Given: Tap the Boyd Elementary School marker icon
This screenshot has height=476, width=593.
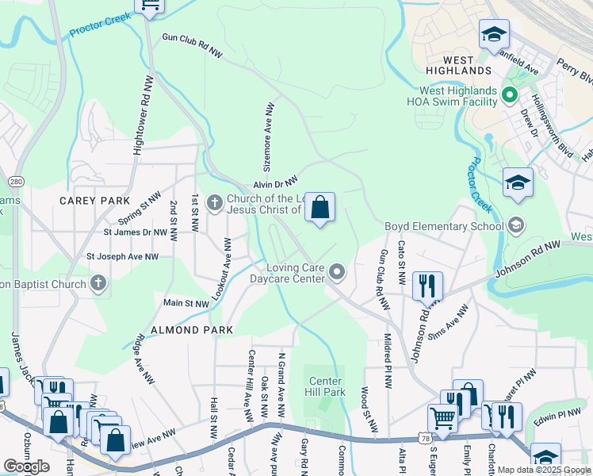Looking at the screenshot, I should click(x=517, y=226).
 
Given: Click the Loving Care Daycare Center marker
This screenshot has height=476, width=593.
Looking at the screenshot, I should click(x=337, y=273).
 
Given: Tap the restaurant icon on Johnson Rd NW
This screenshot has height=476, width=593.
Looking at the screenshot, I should click(x=427, y=286).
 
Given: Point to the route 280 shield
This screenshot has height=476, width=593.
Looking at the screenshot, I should click(x=17, y=182).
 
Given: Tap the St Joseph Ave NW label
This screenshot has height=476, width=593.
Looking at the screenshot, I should click(x=122, y=256).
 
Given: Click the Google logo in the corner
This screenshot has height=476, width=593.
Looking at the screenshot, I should click(x=26, y=466).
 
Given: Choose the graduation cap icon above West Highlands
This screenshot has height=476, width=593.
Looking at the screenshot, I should click(x=494, y=34).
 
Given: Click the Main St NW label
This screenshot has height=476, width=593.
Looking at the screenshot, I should click(x=186, y=303).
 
